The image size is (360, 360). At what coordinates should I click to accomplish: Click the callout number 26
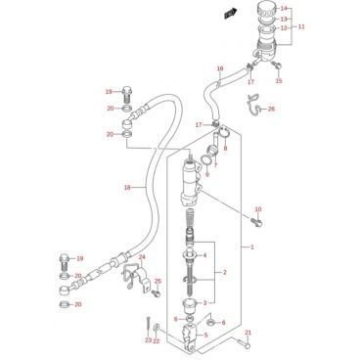click(271, 109)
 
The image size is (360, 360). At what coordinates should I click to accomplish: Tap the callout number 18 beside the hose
click(127, 187)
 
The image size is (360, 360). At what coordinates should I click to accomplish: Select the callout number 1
click(252, 247)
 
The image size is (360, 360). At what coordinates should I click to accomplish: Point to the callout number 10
click(258, 209)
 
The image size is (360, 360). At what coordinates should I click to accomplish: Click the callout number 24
click(142, 257)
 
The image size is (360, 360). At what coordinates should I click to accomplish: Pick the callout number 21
click(248, 333)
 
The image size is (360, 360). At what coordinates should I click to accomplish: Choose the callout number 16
click(220, 68)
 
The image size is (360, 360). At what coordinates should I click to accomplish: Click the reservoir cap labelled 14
click(267, 12)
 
